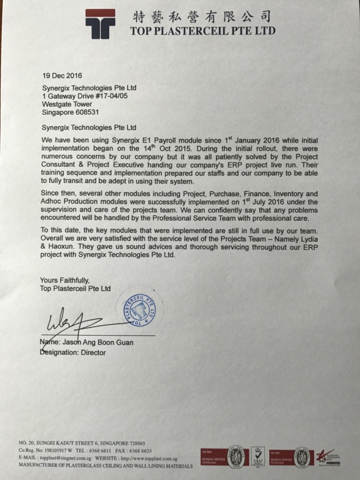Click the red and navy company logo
click(x=100, y=23)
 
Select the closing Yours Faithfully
click(x=64, y=280)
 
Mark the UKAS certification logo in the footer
click(x=258, y=456)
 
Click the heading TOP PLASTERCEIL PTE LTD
click(x=202, y=31)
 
